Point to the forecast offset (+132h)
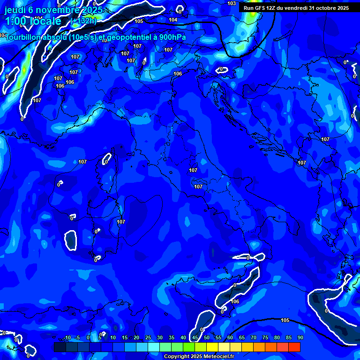83,21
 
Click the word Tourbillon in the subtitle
26,38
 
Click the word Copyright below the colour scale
177,357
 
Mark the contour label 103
232,3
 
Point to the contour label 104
173,20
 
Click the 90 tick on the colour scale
300,337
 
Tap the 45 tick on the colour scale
195,337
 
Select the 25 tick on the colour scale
148,337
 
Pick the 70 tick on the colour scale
253,337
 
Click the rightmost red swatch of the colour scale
294,347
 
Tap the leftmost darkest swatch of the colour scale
60,347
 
